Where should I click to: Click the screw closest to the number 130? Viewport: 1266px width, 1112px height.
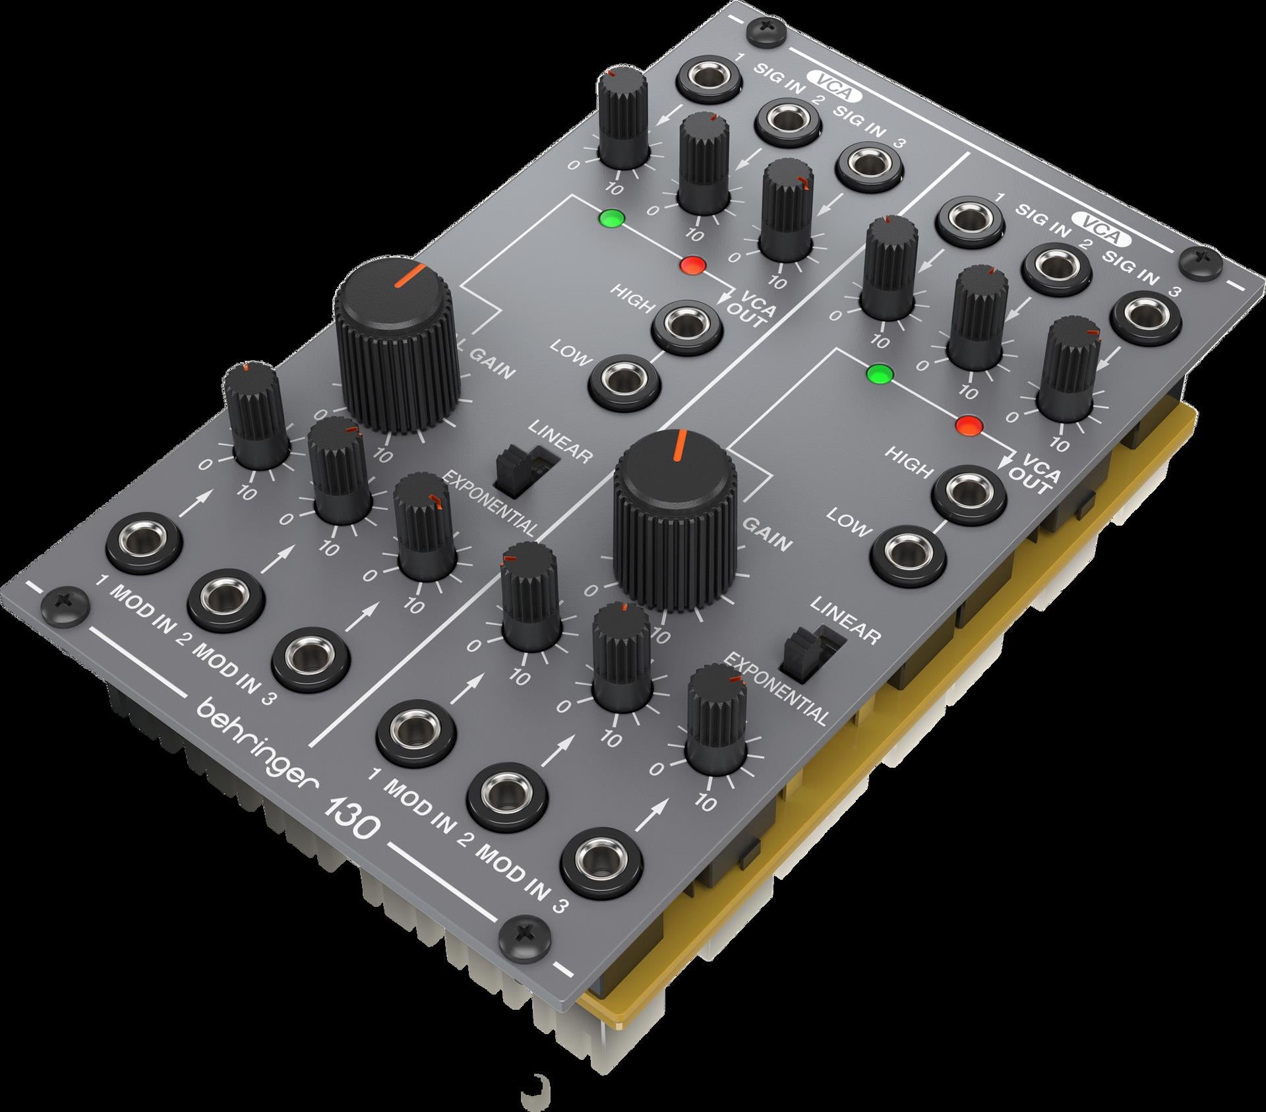pyautogui.click(x=525, y=934)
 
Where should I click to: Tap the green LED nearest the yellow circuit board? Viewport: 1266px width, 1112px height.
pyautogui.click(x=880, y=374)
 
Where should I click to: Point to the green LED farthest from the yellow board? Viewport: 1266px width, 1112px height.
pyautogui.click(x=613, y=218)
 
